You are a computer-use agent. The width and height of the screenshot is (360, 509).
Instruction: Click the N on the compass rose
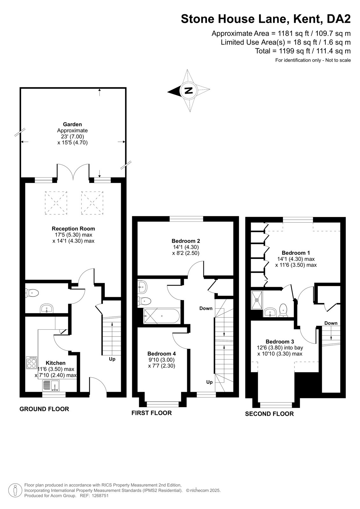click(x=188, y=90)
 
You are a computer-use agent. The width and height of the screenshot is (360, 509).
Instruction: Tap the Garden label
click(x=72, y=124)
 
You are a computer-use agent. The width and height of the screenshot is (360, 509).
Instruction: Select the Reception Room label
click(x=73, y=229)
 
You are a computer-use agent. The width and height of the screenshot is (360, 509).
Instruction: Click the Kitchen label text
click(x=55, y=363)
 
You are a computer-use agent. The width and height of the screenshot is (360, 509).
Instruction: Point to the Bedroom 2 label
click(x=186, y=241)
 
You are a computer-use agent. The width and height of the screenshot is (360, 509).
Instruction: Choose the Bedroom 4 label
click(x=161, y=353)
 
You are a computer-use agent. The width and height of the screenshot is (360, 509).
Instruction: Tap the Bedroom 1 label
click(x=296, y=253)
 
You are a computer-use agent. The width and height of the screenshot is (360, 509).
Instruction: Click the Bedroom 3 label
click(x=280, y=342)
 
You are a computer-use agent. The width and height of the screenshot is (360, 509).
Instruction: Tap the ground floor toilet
click(x=32, y=293)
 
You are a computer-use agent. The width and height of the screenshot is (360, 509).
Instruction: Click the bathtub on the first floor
click(x=161, y=316)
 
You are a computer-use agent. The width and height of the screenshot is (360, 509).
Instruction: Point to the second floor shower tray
click(x=257, y=300)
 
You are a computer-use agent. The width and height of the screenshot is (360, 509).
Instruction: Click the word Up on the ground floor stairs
click(x=112, y=359)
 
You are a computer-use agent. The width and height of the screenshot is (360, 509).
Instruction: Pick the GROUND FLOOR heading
click(x=44, y=409)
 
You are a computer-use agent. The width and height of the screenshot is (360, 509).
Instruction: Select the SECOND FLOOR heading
click(x=269, y=414)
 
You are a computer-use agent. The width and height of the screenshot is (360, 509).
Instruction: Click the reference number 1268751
click(x=100, y=496)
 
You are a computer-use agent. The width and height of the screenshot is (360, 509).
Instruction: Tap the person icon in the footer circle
click(x=15, y=490)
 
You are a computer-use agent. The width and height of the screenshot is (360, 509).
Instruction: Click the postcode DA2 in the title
click(x=339, y=19)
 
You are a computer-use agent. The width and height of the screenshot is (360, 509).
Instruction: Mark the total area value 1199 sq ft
click(x=295, y=51)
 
